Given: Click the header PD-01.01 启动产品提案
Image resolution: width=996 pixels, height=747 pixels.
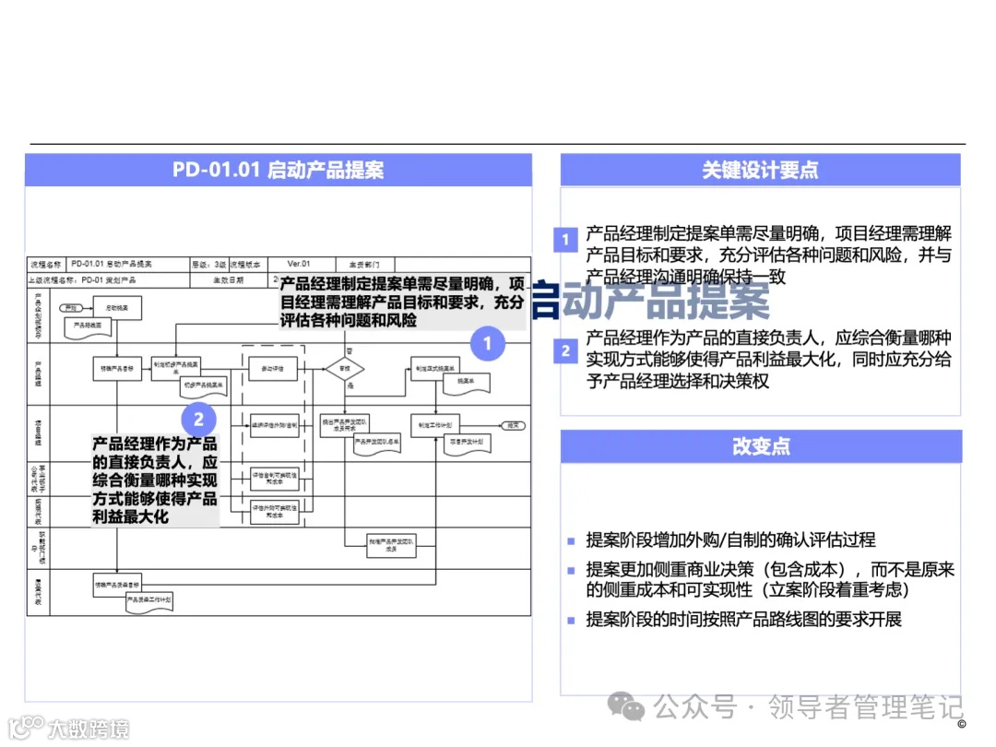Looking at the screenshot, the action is point(278,171).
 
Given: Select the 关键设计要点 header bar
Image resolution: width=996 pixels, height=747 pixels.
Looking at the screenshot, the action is point(760,171).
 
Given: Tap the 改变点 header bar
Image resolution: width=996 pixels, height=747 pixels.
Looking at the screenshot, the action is point(760,446).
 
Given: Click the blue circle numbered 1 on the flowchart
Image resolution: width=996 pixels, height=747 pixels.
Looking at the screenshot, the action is point(488,345).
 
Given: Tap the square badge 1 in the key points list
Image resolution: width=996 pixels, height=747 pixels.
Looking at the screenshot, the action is point(565,241).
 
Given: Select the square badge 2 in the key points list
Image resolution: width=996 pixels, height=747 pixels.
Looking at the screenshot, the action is point(565,350).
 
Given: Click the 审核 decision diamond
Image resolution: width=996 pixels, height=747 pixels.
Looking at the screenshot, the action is point(345,369).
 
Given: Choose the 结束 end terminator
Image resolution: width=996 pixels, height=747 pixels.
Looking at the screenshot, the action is point(514,425).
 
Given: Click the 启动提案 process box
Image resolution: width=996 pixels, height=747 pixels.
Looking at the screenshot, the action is point(117,305).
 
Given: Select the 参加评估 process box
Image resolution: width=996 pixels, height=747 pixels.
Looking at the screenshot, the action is point(273,368).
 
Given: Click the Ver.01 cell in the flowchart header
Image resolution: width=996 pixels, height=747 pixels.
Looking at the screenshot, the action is point(300,264).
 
